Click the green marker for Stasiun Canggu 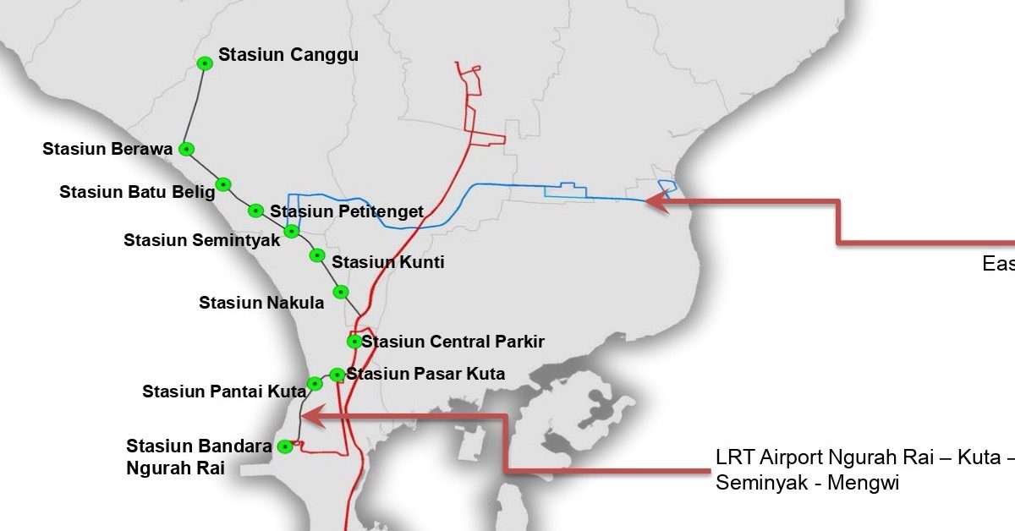pyautogui.click(x=204, y=63)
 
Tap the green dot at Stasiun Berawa pyautogui.click(x=188, y=149)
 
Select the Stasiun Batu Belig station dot pyautogui.click(x=223, y=184)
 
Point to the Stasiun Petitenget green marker pyautogui.click(x=255, y=211)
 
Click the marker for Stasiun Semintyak pyautogui.click(x=292, y=231)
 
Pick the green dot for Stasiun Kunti pyautogui.click(x=317, y=255)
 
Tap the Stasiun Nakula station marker pyautogui.click(x=341, y=292)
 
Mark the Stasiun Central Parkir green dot pyautogui.click(x=354, y=342)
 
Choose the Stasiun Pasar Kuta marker pyautogui.click(x=337, y=374)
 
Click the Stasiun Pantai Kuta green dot pyautogui.click(x=315, y=384)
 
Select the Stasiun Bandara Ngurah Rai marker pyautogui.click(x=286, y=446)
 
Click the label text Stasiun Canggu pyautogui.click(x=288, y=55)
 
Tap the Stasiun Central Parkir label pyautogui.click(x=453, y=342)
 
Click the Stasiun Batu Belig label pyautogui.click(x=137, y=192)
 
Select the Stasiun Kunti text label pyautogui.click(x=387, y=262)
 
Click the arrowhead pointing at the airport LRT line pyautogui.click(x=307, y=415)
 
